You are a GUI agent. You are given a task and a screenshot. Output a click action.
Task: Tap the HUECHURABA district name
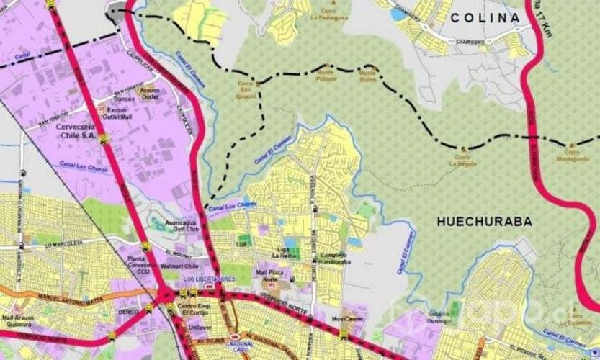[484, 222]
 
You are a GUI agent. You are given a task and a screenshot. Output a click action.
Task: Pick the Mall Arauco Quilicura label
[17, 320]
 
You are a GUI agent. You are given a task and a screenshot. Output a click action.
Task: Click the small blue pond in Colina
[398, 14]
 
